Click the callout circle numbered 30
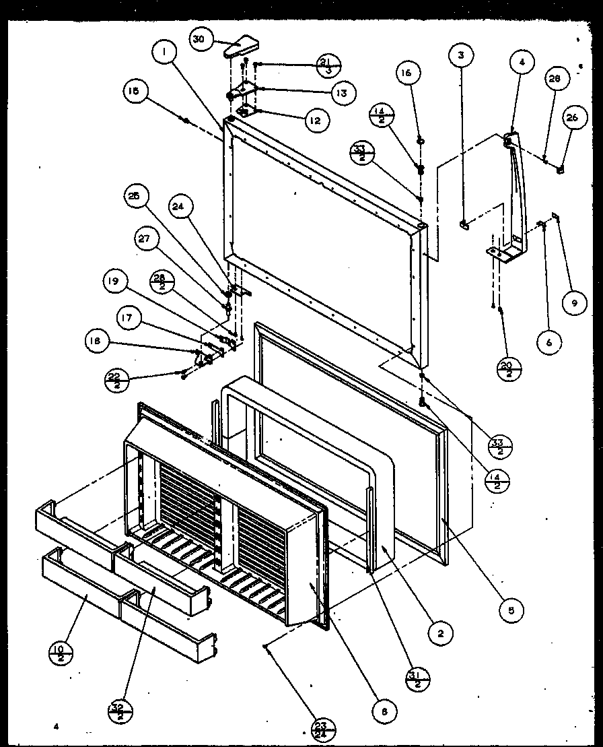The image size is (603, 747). tap(199, 40)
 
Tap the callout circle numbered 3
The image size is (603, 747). tap(461, 55)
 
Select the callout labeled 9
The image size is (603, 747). tap(574, 304)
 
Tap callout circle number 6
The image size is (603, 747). tap(548, 342)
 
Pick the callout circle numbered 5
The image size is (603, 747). tap(511, 610)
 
